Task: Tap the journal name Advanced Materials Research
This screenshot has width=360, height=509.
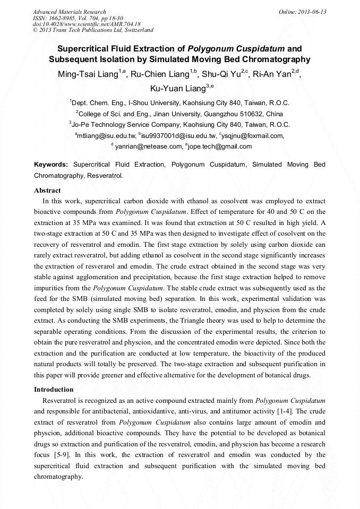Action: [70, 12]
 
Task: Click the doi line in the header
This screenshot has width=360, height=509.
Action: [87, 24]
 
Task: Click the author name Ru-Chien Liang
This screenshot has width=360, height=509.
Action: [164, 74]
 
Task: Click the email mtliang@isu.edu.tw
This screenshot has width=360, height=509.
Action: [106, 136]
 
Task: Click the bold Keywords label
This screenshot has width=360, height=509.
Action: [51, 165]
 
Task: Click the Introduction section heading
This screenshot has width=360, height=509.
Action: [54, 390]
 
